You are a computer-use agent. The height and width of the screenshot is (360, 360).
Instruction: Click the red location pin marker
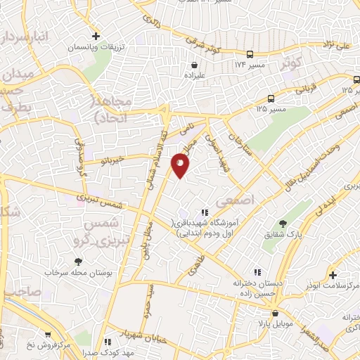(180, 165)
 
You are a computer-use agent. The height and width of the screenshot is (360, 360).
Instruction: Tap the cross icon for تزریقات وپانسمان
(96, 34)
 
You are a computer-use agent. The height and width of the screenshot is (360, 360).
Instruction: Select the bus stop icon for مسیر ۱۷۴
(251, 54)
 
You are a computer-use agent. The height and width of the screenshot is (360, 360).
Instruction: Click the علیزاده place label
(194, 73)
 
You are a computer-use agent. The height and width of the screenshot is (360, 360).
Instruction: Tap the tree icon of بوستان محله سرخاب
(77, 262)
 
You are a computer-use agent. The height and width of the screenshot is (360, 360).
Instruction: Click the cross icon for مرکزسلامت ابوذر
(333, 276)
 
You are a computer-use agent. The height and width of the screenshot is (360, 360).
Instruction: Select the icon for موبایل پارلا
(274, 314)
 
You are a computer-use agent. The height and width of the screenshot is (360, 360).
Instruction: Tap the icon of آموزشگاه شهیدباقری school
(205, 212)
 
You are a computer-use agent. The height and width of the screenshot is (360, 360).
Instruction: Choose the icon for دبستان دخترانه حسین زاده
(257, 271)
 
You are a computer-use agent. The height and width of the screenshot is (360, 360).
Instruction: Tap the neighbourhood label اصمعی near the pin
(230, 201)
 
